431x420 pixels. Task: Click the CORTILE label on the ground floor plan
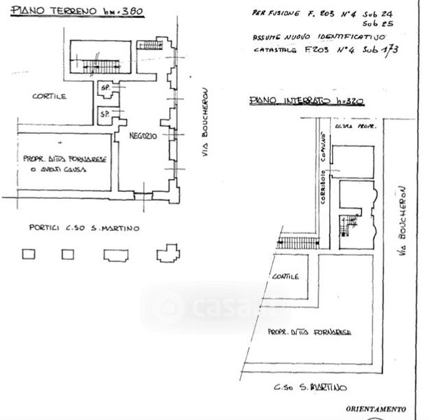click(49, 97)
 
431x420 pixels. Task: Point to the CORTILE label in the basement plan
click(285, 276)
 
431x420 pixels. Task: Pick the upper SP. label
click(106, 87)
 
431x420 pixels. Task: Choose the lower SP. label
click(105, 113)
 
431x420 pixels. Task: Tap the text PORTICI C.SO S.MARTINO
click(84, 228)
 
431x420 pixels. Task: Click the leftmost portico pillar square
click(29, 254)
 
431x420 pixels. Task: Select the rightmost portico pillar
click(168, 253)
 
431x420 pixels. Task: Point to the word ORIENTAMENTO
click(374, 409)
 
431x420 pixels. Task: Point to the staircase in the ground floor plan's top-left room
click(101, 66)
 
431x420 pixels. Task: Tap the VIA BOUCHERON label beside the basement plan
click(402, 220)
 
